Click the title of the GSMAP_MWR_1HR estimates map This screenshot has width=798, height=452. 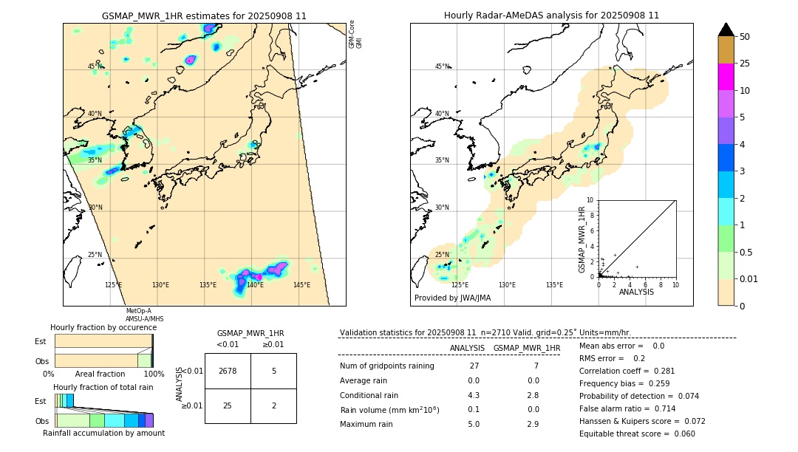click(x=204, y=16)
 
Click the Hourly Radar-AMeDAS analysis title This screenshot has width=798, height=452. click(x=551, y=16)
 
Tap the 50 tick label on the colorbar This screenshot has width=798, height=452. click(x=745, y=37)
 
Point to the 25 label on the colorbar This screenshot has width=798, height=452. click(x=745, y=64)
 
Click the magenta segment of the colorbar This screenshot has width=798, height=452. click(x=726, y=77)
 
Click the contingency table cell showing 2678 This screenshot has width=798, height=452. click(x=228, y=371)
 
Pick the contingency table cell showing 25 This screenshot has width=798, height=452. click(x=228, y=405)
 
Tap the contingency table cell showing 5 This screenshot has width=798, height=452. click(x=273, y=371)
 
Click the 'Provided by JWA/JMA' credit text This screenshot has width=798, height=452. click(x=452, y=298)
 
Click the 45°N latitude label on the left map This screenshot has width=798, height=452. click(x=95, y=66)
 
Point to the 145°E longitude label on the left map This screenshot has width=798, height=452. click(x=301, y=285)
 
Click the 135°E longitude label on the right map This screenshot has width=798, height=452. click(x=554, y=285)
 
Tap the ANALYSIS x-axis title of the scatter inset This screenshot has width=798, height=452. click(x=636, y=292)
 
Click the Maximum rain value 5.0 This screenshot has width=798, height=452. click(x=474, y=424)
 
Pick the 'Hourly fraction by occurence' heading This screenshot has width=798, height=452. click(x=103, y=327)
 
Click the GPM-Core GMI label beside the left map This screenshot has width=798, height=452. click(x=355, y=34)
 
